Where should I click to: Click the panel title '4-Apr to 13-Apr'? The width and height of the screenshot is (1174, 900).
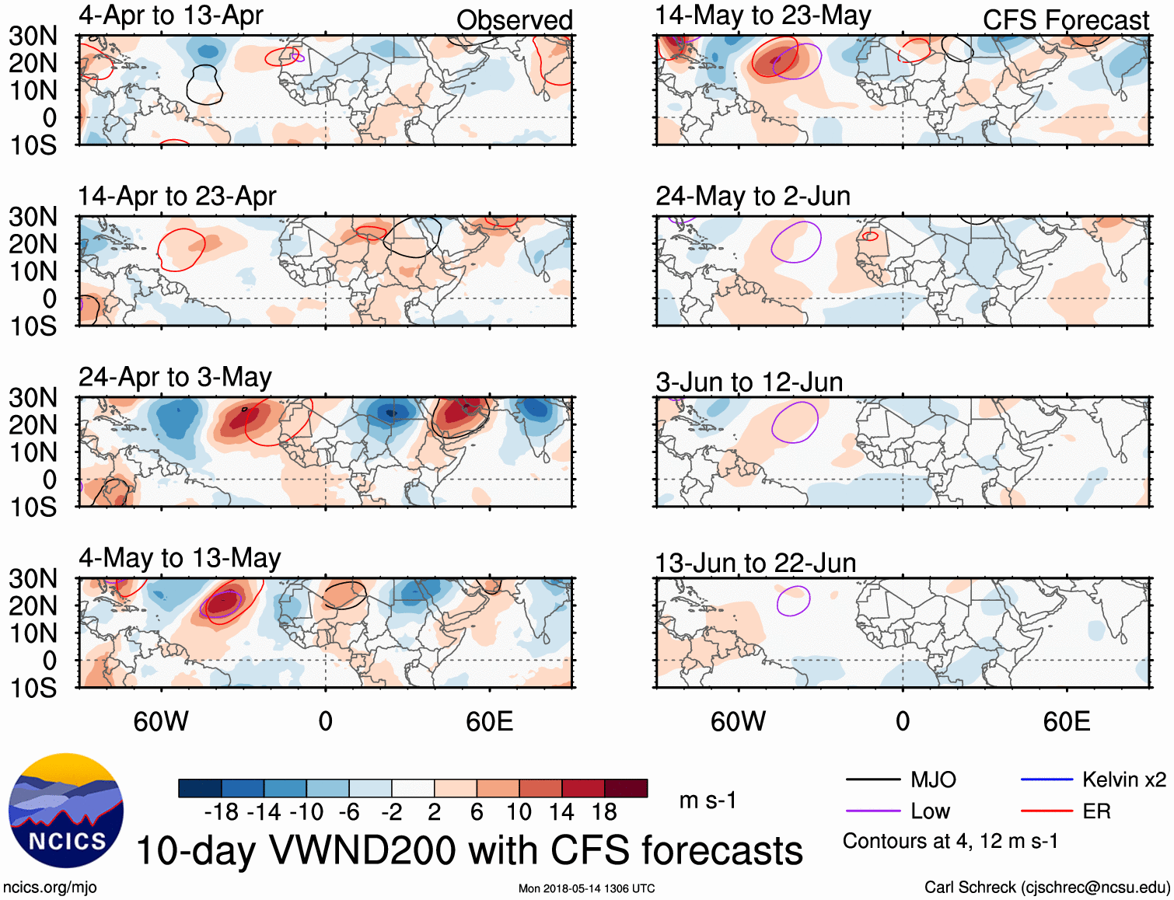click(x=170, y=16)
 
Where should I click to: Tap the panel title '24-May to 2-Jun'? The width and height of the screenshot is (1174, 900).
click(x=753, y=196)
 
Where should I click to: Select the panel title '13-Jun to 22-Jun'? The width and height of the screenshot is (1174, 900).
click(x=755, y=563)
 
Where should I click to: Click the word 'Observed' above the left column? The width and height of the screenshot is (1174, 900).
click(x=514, y=20)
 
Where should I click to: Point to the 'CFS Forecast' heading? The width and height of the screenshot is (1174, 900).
click(x=1065, y=20)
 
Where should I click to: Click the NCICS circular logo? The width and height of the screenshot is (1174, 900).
click(x=66, y=811)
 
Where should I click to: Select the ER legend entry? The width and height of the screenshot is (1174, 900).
click(x=1096, y=811)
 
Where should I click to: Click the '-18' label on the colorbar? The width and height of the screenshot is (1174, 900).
click(x=222, y=812)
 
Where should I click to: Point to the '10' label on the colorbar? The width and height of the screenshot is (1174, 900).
click(x=519, y=812)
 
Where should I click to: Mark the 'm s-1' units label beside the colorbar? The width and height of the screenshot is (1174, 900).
click(x=708, y=801)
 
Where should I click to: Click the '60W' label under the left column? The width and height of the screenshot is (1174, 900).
click(x=161, y=721)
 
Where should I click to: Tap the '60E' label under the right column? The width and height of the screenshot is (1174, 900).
click(x=1066, y=721)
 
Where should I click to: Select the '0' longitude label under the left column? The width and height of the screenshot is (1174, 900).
click(x=326, y=721)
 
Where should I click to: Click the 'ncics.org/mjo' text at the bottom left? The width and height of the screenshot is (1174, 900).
click(x=50, y=888)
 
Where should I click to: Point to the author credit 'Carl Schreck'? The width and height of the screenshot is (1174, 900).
click(x=970, y=888)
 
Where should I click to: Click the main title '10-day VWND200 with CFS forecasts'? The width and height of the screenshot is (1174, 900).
click(x=469, y=851)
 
